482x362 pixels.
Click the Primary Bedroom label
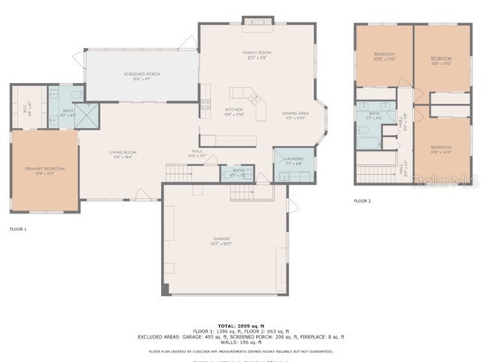click(45, 170)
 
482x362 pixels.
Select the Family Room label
click(256, 55)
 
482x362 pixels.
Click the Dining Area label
click(295, 115)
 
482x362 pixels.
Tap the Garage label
click(221, 241)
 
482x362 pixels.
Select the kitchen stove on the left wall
click(205, 104)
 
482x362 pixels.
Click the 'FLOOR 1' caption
click(18, 229)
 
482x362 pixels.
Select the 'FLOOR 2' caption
click(362, 201)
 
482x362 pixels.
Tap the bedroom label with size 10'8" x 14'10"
click(441, 149)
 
